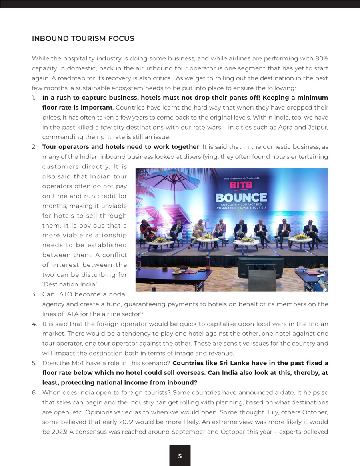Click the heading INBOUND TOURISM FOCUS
[x=83, y=39]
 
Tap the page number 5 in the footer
[x=180, y=456]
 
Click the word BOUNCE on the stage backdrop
[x=241, y=197]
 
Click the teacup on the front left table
[x=176, y=271]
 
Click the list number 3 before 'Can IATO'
[x=34, y=295]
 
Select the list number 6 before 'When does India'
[x=34, y=392]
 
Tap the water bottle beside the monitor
[x=208, y=262]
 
